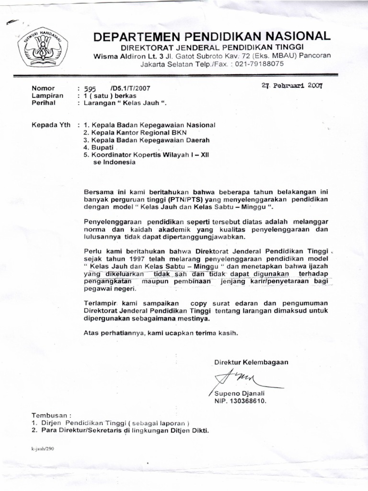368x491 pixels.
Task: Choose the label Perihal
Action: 43,103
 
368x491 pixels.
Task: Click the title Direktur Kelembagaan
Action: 251,362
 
